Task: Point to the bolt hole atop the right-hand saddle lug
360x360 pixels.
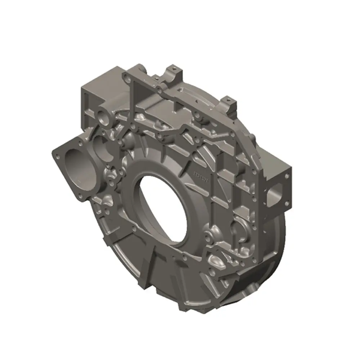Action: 228,98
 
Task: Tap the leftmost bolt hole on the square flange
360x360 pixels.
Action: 57,156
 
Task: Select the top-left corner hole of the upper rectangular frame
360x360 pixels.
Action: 126,75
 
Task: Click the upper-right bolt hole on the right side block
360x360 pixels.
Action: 287,176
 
